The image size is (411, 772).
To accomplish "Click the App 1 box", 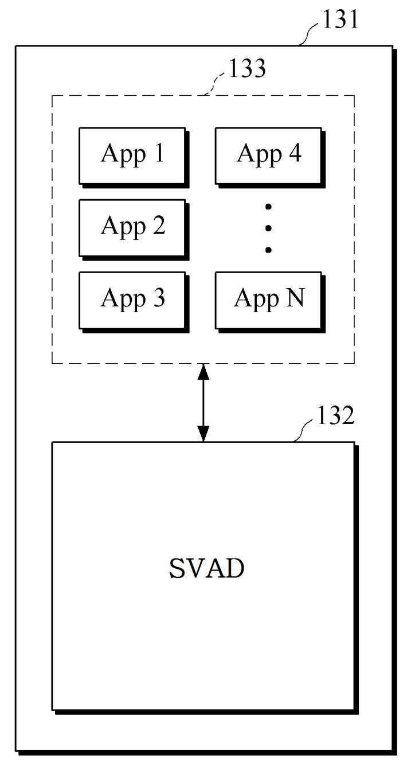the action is (134, 157).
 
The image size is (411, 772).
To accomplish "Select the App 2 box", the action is (134, 230).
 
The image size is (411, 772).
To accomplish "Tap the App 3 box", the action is (134, 302).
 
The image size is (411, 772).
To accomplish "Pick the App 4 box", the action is (270, 157).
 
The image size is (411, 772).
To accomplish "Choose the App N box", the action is (270, 302).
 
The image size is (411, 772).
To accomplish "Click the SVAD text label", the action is (206, 568).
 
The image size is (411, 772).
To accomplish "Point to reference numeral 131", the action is (340, 19).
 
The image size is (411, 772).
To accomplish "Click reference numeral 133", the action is (247, 68).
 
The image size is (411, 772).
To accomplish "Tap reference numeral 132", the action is (335, 416).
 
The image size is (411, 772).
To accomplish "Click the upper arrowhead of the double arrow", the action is (203, 371).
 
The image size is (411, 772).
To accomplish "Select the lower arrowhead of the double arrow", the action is (203, 433).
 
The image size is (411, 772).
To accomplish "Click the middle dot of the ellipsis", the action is (268, 228).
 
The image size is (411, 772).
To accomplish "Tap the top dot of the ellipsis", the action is (268, 207).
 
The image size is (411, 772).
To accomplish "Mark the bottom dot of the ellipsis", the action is (268, 250).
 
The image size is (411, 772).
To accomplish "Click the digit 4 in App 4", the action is (295, 153).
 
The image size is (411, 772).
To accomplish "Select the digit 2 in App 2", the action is (159, 225).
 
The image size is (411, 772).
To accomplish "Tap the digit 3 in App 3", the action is (159, 297).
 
